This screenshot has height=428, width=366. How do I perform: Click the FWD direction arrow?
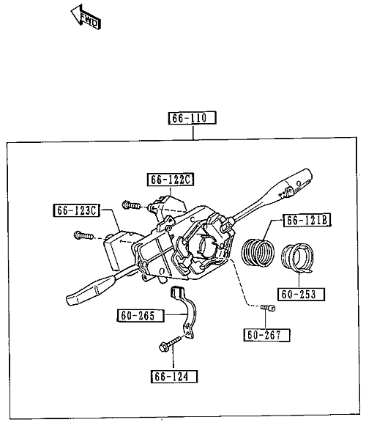[86, 17]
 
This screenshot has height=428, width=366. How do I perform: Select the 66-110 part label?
[192, 118]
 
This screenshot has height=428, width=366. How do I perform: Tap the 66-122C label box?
[171, 180]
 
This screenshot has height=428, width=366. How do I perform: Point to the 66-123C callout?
[76, 210]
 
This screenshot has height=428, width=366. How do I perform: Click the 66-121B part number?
[307, 221]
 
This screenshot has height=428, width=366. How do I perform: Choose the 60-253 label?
[301, 295]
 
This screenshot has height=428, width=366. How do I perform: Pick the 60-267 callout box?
[266, 335]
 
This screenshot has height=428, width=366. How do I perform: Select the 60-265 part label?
[141, 316]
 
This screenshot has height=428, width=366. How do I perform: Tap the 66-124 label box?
[174, 377]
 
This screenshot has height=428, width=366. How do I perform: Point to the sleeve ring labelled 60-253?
[297, 258]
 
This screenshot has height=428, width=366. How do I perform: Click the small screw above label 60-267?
[268, 308]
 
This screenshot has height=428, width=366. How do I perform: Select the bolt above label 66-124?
[170, 344]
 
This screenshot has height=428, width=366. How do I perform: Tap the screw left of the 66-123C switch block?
[83, 235]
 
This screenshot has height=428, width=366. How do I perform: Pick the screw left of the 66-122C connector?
[132, 204]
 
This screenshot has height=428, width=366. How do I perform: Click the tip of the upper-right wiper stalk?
[310, 173]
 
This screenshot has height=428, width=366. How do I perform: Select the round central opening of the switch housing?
[206, 243]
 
